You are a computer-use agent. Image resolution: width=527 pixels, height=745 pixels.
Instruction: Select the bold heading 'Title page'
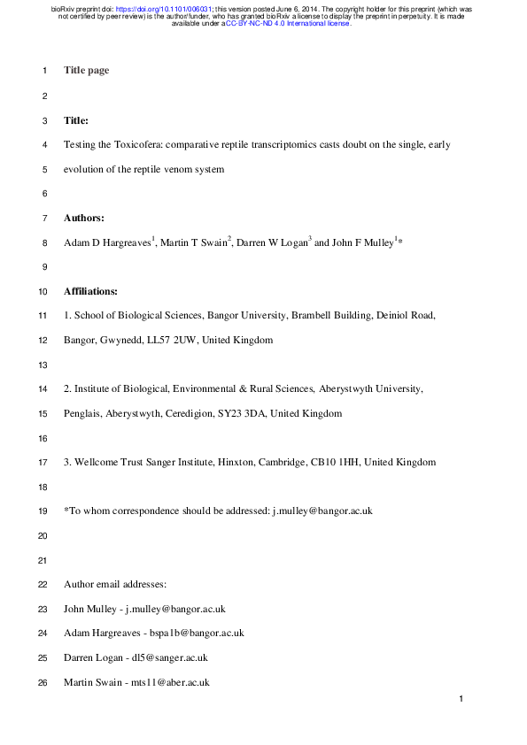(87, 70)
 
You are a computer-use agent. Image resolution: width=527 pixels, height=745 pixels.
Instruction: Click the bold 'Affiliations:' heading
(92, 290)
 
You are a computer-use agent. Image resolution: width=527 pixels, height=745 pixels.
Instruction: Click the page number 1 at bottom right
(461, 700)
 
